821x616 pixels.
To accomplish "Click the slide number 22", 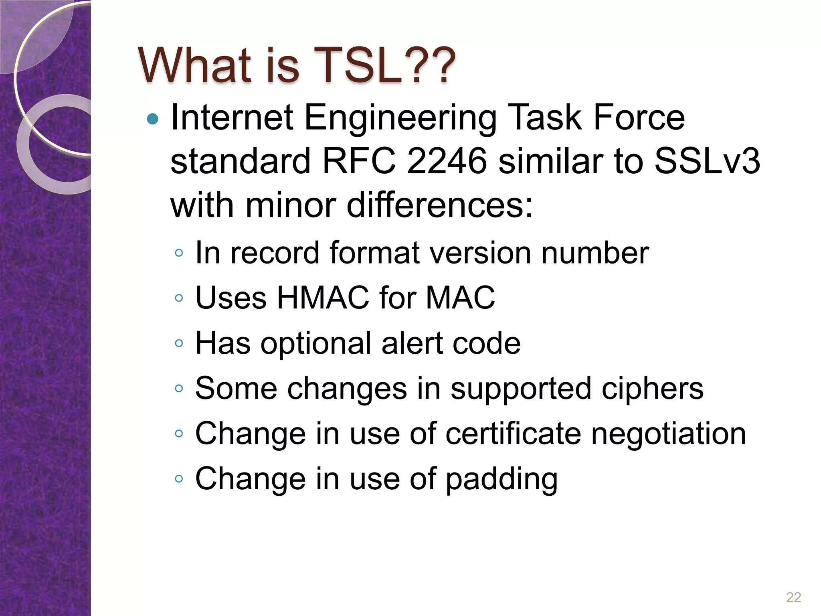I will click(793, 597).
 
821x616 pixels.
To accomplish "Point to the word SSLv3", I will click(707, 161).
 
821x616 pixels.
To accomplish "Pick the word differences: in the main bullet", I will click(440, 205).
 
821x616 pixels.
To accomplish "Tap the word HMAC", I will click(322, 298).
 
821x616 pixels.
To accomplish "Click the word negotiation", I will click(669, 434).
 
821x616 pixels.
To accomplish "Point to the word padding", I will click(501, 480).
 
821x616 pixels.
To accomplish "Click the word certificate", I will click(513, 434).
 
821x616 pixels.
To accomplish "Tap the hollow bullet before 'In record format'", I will click(179, 253).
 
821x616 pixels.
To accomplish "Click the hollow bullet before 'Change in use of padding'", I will click(179, 479).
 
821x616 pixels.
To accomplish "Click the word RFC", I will click(359, 161).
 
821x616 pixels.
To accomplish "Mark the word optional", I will click(316, 344).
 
